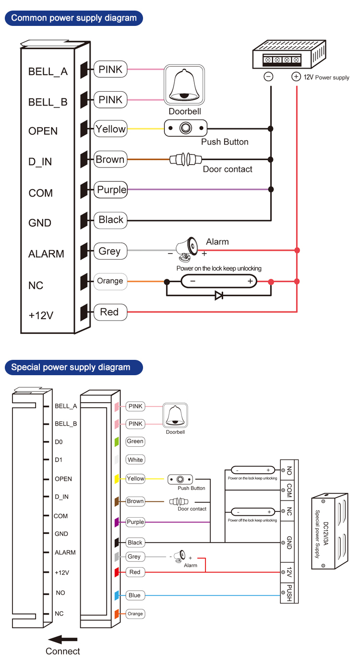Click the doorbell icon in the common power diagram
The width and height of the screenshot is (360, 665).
(x=184, y=85)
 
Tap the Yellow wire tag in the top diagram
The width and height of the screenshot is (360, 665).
(x=110, y=129)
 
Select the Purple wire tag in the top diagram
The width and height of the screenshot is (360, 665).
(x=111, y=190)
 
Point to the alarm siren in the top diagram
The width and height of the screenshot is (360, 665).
(x=187, y=246)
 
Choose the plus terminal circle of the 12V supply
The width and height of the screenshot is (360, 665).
(x=296, y=77)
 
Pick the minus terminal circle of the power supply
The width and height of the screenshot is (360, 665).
(x=269, y=77)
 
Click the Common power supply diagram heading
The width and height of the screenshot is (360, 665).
(x=73, y=18)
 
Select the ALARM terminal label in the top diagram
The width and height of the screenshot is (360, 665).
(x=46, y=254)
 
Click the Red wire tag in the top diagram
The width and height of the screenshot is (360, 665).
(x=109, y=312)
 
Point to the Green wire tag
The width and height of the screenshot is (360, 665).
(x=135, y=441)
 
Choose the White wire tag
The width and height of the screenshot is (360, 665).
(x=135, y=460)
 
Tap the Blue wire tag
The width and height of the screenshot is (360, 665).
(x=134, y=595)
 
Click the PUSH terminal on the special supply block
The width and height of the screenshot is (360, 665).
(x=289, y=593)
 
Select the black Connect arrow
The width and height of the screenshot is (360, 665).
(x=63, y=639)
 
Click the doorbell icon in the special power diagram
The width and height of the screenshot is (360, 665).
(x=175, y=416)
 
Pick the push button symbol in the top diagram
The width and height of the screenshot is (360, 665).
(x=185, y=128)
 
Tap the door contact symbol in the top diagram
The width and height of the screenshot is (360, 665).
(x=185, y=159)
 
